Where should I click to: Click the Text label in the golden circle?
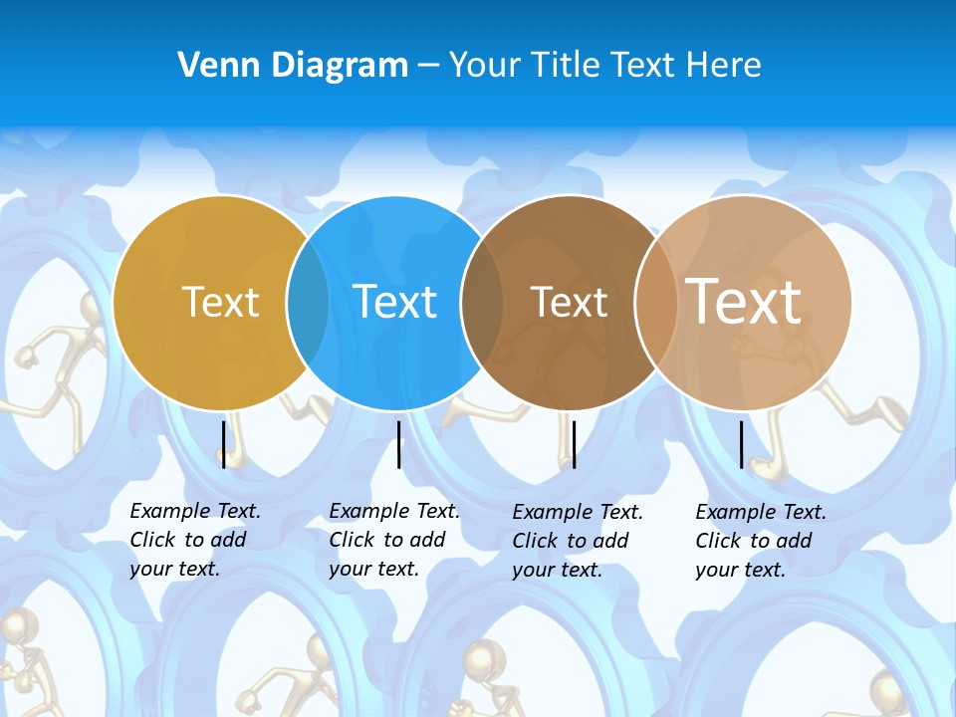pyautogui.click(x=221, y=302)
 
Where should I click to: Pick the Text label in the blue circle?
pyautogui.click(x=395, y=302)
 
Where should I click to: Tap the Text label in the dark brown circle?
pyautogui.click(x=570, y=302)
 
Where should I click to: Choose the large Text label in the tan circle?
pyautogui.click(x=744, y=302)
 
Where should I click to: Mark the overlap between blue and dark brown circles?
pyautogui.click(x=482, y=302)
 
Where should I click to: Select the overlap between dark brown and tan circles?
pyautogui.click(x=655, y=302)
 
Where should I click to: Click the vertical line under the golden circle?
pyautogui.click(x=223, y=444)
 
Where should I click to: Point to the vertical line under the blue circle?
pyautogui.click(x=398, y=444)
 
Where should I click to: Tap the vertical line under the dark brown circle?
pyautogui.click(x=574, y=444)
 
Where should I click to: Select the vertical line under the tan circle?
pyautogui.click(x=742, y=444)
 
